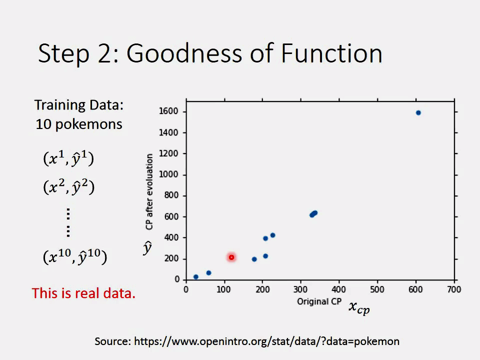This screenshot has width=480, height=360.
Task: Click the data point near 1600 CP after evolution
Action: [418, 112]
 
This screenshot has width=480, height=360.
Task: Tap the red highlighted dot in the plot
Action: [231, 257]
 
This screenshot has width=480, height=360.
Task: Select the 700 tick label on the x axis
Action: [454, 289]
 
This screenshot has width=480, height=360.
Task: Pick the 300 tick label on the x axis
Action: [301, 289]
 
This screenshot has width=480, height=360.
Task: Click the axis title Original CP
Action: [319, 301]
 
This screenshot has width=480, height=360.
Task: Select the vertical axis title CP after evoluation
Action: [149, 192]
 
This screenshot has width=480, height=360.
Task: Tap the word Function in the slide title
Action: [332, 53]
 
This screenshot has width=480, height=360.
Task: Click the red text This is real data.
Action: [83, 293]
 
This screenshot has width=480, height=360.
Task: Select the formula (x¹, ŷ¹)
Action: [68, 158]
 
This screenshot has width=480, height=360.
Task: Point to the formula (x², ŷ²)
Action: [68, 187]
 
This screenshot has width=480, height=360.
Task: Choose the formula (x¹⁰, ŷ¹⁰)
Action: [74, 257]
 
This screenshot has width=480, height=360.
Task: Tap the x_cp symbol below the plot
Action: [359, 307]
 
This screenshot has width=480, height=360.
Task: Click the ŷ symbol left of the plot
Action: [147, 247]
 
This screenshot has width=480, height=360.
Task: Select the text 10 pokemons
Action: [78, 124]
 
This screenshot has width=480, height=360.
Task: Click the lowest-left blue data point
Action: [196, 276]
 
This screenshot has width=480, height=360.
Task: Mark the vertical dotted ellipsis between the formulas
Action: [68, 222]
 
